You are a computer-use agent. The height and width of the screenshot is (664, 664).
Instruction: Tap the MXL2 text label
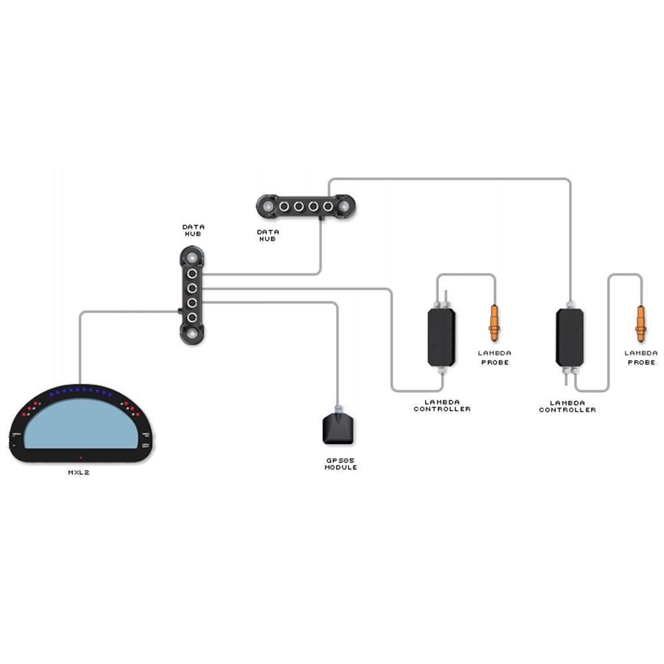pyautogui.click(x=79, y=473)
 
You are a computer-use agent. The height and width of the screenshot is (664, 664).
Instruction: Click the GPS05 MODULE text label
pyautogui.click(x=341, y=463)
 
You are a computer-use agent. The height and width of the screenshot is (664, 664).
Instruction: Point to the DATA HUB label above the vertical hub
pyautogui.click(x=193, y=230)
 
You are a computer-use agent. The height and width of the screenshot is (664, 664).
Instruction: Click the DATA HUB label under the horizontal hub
pyautogui.click(x=268, y=235)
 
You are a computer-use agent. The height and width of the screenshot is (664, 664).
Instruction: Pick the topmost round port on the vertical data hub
pyautogui.click(x=192, y=273)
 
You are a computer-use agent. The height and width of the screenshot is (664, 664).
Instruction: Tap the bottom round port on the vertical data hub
pyautogui.click(x=192, y=317)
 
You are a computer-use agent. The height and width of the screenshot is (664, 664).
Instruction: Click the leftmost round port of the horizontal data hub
pyautogui.click(x=284, y=207)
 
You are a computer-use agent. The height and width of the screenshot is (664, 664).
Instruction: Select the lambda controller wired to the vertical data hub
pyautogui.click(x=442, y=337)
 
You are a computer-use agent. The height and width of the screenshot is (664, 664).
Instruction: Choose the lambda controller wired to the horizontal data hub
pyautogui.click(x=569, y=337)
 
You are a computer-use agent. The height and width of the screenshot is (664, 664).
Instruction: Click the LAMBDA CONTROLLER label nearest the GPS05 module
pyautogui.click(x=442, y=405)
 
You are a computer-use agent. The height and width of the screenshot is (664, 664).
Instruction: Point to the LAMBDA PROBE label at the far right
pyautogui.click(x=641, y=357)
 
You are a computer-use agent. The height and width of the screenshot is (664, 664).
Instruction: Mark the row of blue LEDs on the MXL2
pyautogui.click(x=80, y=390)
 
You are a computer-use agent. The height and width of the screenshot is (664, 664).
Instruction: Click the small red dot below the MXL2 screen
pyautogui.click(x=81, y=457)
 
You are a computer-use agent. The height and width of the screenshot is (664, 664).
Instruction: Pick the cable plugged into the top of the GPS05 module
pyautogui.click(x=338, y=359)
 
